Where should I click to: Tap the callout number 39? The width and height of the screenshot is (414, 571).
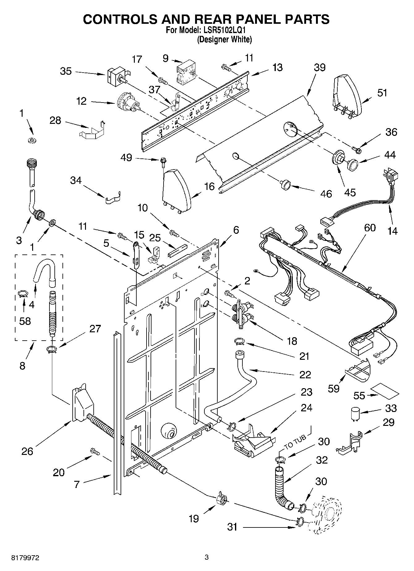tap(320, 68)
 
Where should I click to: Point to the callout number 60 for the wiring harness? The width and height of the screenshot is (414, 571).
tap(369, 228)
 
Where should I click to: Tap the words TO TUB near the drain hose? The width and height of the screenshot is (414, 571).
tap(295, 441)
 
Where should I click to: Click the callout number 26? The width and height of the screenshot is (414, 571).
tap(27, 451)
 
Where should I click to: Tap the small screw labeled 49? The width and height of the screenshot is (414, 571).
tap(162, 161)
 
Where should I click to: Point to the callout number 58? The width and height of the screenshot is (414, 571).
tap(25, 321)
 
